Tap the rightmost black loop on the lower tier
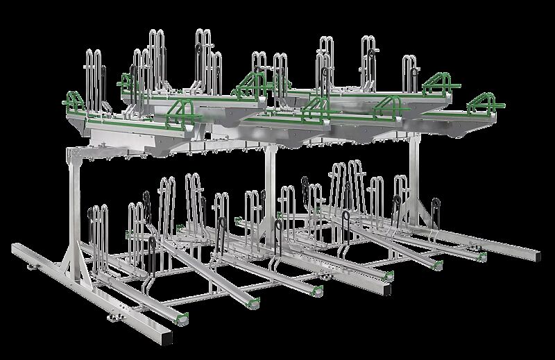pyautogui.click(x=436, y=208)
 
